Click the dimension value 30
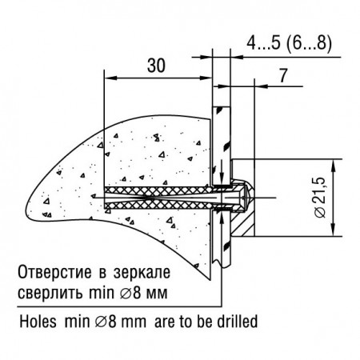coord(156,66)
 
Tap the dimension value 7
coord(283,75)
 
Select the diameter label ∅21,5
coord(320,198)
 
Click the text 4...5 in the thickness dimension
coord(263,43)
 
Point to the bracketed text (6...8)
coord(309,43)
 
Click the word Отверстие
coord(54,272)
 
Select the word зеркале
coord(142,273)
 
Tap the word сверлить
coord(50,293)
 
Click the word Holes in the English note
coord(38,321)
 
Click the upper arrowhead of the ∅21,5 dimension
coord(333,165)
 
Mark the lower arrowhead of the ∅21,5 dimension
coord(333,230)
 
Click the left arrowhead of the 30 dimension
coord(110,78)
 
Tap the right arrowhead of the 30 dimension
coord(206,78)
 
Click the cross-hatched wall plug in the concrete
coord(158,198)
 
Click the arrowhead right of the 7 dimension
coord(261,86)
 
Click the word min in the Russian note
coord(101,293)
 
